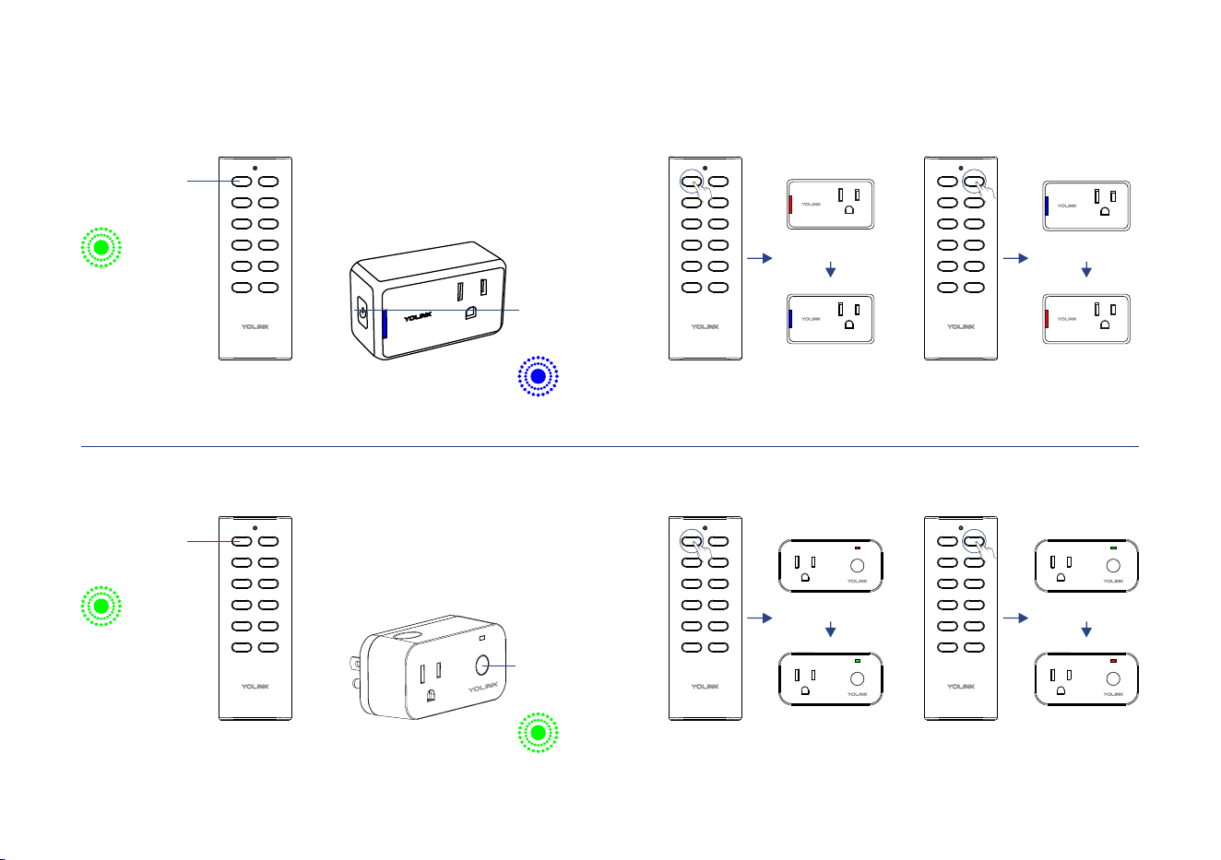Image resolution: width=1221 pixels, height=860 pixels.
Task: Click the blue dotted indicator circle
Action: (538, 376)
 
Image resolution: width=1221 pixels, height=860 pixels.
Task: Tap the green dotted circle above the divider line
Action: (101, 247)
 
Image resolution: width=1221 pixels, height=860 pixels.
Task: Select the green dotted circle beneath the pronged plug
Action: (538, 733)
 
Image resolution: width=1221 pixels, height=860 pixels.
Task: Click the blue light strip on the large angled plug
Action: (385, 324)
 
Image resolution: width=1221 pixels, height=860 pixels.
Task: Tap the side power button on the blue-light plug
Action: (362, 312)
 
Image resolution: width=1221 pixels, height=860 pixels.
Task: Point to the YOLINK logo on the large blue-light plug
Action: (418, 317)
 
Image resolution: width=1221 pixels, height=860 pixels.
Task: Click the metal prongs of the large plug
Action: (355, 673)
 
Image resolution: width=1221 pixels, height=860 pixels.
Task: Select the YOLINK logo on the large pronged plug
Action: (483, 688)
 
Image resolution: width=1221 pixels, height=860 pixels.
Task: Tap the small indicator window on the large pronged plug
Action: (482, 638)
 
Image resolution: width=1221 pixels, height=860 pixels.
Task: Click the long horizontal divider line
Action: (610, 446)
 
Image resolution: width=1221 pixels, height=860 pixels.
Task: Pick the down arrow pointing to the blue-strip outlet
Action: (830, 269)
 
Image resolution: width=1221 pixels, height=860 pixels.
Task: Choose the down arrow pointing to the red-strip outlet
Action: (1086, 269)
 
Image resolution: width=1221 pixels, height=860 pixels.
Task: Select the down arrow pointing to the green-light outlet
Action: (830, 630)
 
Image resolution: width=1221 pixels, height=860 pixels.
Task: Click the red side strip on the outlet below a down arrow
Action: (1047, 319)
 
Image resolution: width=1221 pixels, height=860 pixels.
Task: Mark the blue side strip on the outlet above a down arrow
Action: (1047, 206)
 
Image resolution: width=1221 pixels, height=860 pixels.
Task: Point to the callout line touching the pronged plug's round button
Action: (499, 666)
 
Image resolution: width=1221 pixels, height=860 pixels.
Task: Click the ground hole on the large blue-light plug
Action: (470, 312)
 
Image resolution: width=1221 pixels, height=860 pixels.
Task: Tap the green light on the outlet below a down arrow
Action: (858, 661)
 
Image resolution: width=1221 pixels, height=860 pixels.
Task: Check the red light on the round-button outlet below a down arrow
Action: (1113, 661)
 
